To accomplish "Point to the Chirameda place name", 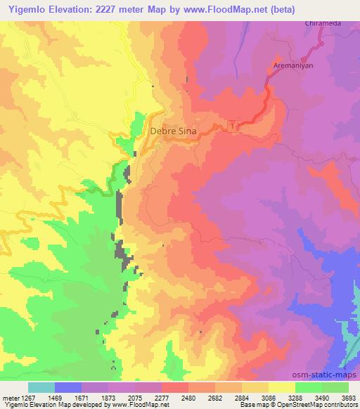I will (322, 23).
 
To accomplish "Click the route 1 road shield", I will (233, 126).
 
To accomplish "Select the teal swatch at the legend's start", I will (41, 387).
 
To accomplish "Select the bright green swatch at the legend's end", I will (335, 387).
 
